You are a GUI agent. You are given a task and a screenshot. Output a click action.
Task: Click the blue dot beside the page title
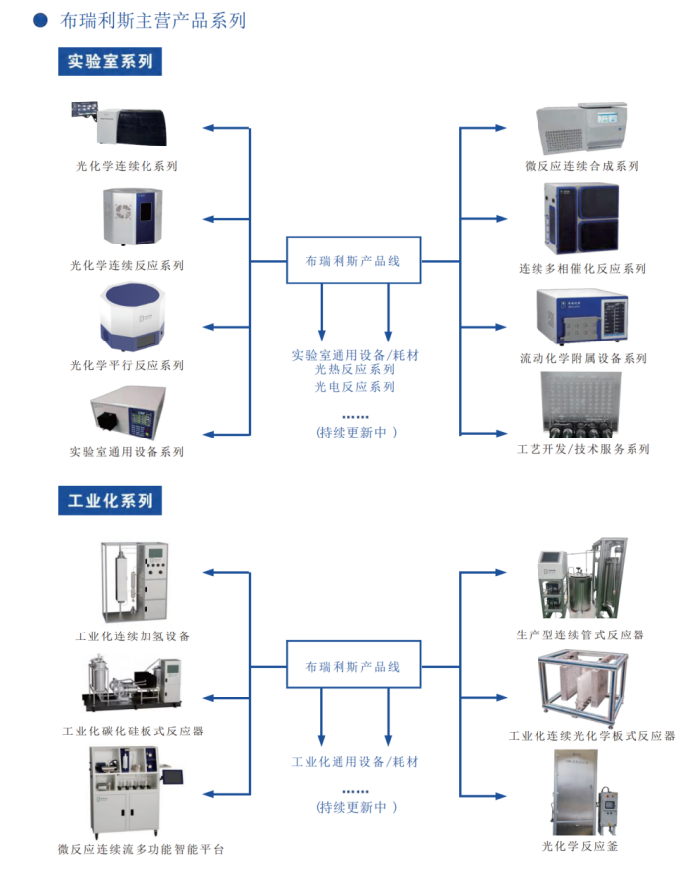coord(40,20)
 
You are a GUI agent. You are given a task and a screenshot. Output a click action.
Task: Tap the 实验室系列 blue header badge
coord(110,61)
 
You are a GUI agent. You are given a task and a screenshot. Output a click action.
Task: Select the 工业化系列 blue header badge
coord(110,501)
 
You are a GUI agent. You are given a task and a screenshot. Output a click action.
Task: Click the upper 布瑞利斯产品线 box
coord(353,260)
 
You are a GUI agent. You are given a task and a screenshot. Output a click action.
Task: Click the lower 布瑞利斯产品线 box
coord(353,664)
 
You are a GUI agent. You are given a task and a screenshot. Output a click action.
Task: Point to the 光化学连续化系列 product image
coord(120,124)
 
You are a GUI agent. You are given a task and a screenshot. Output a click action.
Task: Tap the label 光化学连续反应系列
coord(127,265)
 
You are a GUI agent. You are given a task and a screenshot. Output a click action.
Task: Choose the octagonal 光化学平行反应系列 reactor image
coord(133,317)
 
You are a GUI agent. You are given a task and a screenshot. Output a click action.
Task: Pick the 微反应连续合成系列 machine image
coord(581,129)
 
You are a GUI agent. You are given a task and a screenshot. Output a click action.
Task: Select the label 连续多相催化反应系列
coord(582,269)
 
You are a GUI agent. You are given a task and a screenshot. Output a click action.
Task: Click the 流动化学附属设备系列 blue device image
coord(581,317)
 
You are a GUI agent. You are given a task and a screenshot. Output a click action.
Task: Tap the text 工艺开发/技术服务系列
coord(583,449)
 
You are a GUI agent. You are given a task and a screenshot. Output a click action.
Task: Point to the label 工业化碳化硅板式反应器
coord(133,731)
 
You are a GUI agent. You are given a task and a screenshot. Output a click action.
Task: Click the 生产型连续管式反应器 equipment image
coord(581,578)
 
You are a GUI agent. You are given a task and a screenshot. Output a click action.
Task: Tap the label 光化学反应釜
coord(580,846)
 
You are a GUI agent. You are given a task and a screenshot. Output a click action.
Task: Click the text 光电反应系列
coord(354,386)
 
